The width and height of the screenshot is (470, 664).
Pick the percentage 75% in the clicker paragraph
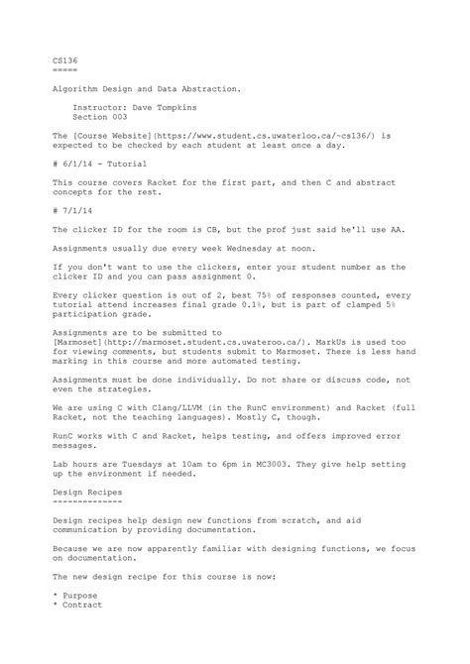[x=267, y=294]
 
